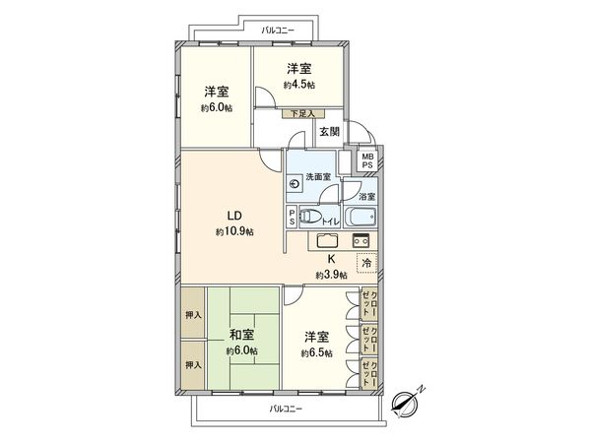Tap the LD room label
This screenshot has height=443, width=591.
(x=235, y=216)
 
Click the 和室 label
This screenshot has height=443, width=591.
(x=241, y=334)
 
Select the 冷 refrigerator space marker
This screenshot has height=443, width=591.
(x=366, y=263)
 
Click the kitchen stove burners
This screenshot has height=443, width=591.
(x=360, y=241)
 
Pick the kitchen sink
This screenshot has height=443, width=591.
(x=326, y=241)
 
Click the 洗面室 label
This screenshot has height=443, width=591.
(x=317, y=176)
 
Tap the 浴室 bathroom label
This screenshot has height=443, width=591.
(x=365, y=198)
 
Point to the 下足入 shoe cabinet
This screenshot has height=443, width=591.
(x=301, y=114)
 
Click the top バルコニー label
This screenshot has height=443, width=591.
(x=276, y=31)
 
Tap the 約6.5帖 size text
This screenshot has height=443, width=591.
(x=316, y=352)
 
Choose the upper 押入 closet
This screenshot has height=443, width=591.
(x=193, y=315)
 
